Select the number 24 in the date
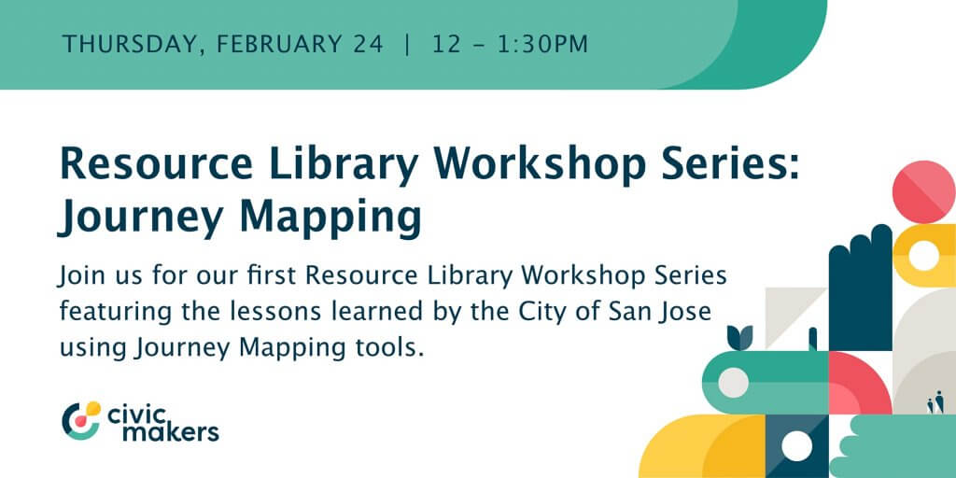[x=367, y=45]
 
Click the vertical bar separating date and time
[x=407, y=45]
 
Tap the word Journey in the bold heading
[x=142, y=219]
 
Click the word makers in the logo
[x=171, y=431]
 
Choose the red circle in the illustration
[x=923, y=192]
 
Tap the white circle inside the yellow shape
[x=923, y=256]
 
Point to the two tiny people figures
[x=935, y=402]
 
